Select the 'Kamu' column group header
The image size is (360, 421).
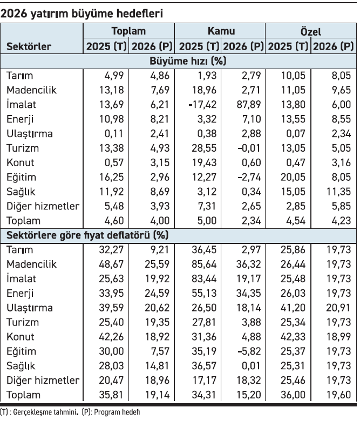coord(221,31)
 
